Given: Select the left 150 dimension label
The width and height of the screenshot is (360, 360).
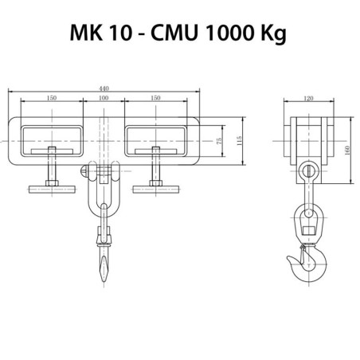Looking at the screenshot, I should pos(52,98).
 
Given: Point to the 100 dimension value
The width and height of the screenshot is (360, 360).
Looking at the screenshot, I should pos(104,98).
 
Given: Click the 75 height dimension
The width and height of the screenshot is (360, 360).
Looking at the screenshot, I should pos(219,140).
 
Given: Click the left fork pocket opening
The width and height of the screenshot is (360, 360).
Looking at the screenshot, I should pos(52,137).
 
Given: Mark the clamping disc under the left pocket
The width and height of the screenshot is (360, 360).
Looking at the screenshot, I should pos(52,190).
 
